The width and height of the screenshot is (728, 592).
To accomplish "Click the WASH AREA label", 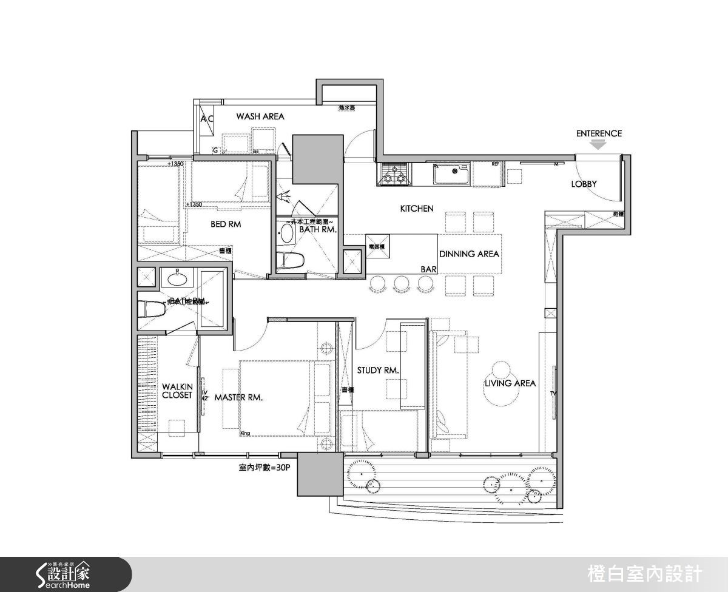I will pyautogui.click(x=260, y=116).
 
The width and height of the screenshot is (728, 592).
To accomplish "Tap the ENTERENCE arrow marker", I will pyautogui.click(x=599, y=145).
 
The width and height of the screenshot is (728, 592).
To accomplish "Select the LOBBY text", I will pyautogui.click(x=584, y=184).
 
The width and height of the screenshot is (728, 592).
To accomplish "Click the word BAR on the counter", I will pyautogui.click(x=429, y=268).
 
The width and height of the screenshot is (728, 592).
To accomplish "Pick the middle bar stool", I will pyautogui.click(x=402, y=283).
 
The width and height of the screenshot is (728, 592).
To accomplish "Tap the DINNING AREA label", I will pyautogui.click(x=469, y=254).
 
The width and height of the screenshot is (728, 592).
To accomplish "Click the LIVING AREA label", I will pyautogui.click(x=510, y=383).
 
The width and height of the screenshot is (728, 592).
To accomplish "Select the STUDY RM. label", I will pyautogui.click(x=377, y=370).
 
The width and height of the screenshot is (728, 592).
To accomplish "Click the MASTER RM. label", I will pyautogui.click(x=238, y=397).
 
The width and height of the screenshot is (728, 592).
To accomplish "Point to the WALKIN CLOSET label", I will pyautogui.click(x=177, y=391).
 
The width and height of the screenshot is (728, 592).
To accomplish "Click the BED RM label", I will pyautogui.click(x=226, y=224).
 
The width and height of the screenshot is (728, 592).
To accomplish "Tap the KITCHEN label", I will pyautogui.click(x=417, y=209).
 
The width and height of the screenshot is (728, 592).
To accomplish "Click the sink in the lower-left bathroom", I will pyautogui.click(x=177, y=280).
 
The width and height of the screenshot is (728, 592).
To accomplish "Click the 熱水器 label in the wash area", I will pyautogui.click(x=346, y=108).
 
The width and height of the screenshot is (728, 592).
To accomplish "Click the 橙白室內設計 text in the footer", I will pyautogui.click(x=645, y=573).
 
